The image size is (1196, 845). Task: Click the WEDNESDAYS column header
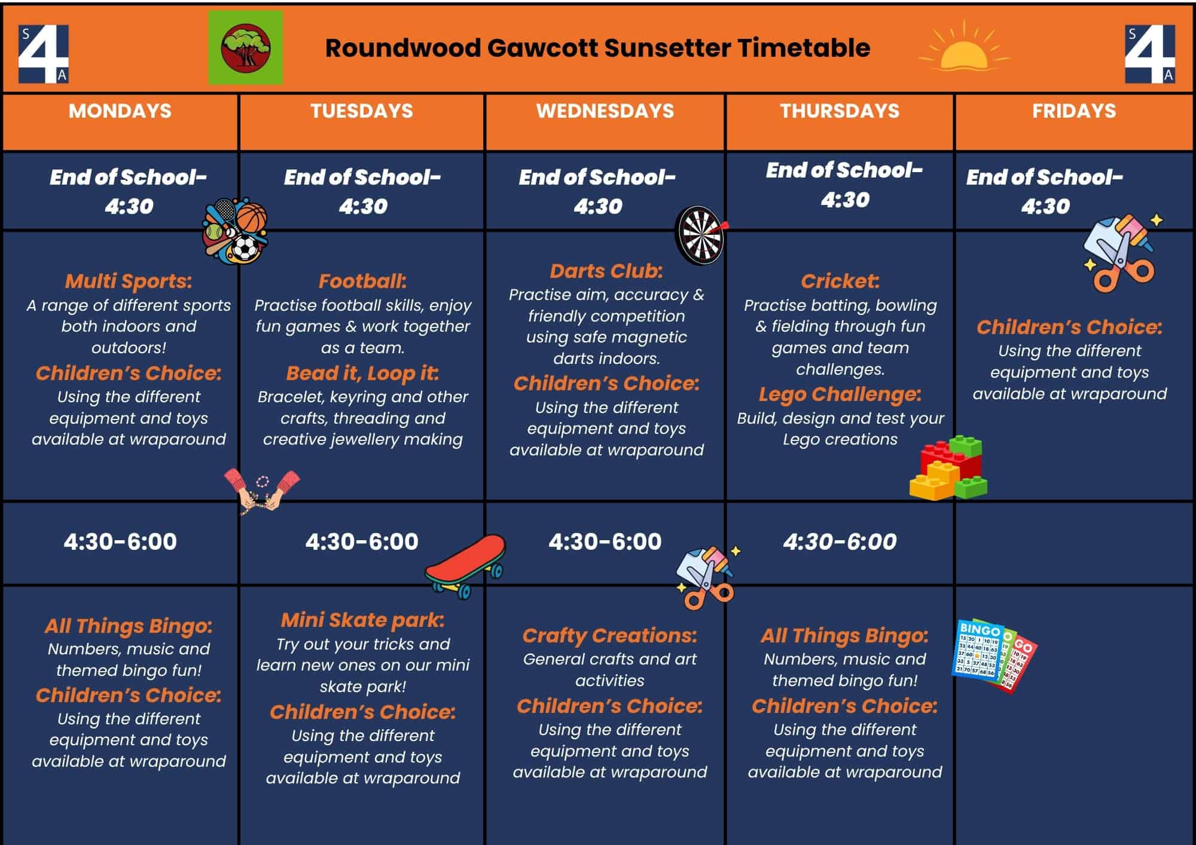[x=605, y=111]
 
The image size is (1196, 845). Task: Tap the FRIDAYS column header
[x=1074, y=111]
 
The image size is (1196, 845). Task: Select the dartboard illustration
[x=701, y=235]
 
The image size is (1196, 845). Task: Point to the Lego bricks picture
[x=948, y=468]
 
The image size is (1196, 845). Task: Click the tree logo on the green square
[x=246, y=47]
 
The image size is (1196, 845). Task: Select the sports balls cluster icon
[x=235, y=232]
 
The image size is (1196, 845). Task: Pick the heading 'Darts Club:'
[x=606, y=271]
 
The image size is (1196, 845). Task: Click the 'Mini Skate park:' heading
[x=363, y=620]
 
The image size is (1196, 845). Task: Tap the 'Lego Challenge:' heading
[x=840, y=395]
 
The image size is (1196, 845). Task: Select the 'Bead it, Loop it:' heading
[x=362, y=373]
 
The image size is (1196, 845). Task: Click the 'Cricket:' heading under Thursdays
[x=840, y=281]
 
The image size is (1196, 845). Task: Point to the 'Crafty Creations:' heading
[x=610, y=636]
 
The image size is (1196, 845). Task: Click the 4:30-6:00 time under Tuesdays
[x=362, y=542]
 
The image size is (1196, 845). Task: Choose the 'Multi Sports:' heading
[x=129, y=281]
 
